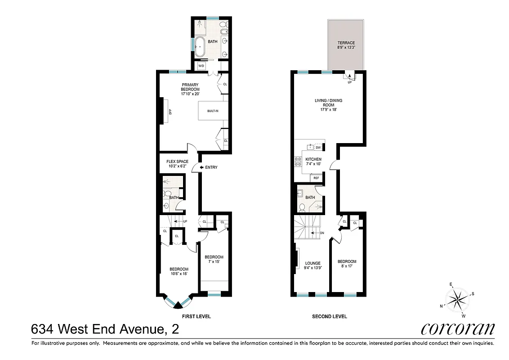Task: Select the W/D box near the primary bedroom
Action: pos(201,66)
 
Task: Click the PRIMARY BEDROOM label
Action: pos(190,89)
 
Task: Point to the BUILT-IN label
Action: pos(213,111)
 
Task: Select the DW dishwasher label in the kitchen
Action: pos(318,147)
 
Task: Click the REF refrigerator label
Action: pos(316,178)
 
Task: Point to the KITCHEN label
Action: pos(313,162)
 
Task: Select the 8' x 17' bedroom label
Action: pos(347,264)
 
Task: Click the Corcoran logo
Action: pos(458,328)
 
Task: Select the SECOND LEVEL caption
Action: pos(329,316)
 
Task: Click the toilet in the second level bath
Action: pos(303,207)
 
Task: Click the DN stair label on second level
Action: pos(321,233)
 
